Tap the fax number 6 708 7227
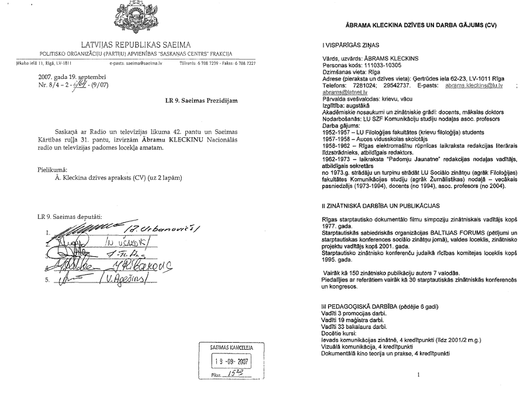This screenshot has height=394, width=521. coord(242,63)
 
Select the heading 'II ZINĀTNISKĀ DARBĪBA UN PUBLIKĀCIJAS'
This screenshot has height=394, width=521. coord(381,205)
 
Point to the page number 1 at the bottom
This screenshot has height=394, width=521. coord(419,373)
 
